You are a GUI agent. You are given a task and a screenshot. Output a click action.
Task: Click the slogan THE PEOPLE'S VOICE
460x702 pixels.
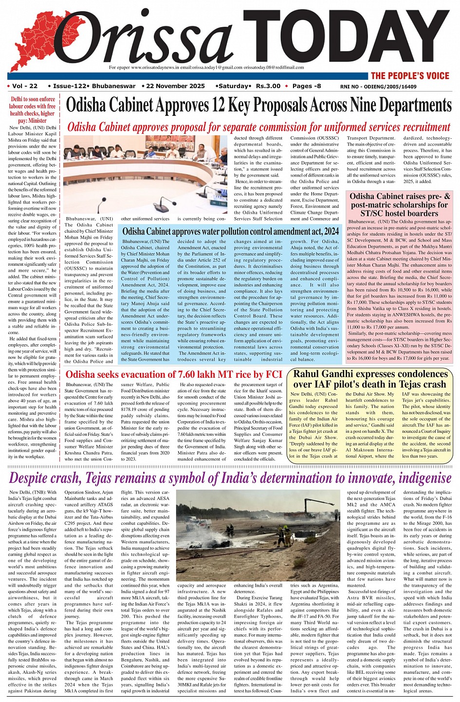click(x=410, y=75)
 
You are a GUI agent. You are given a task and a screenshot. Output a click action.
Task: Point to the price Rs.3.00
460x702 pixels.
click(x=268, y=86)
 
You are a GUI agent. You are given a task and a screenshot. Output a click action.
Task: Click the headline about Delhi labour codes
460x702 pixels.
click(x=33, y=110)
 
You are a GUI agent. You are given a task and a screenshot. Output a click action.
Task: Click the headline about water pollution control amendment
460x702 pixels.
click(x=231, y=231)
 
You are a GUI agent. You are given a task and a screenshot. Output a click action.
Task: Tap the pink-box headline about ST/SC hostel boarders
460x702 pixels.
click(x=400, y=204)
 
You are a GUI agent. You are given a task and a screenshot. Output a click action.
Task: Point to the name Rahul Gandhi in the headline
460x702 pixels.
click(x=326, y=374)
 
